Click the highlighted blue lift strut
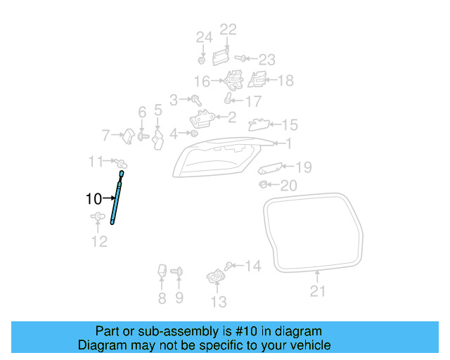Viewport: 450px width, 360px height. (x=117, y=198)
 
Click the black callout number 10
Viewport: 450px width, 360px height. (x=94, y=199)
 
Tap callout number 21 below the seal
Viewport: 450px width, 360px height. (x=318, y=291)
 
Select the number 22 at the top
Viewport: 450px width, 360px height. (x=228, y=29)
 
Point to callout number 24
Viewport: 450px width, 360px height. (x=203, y=37)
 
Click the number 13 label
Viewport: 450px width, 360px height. (x=219, y=302)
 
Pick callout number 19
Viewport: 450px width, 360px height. (x=303, y=167)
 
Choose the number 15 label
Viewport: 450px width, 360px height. (x=290, y=125)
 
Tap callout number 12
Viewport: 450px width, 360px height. (x=99, y=242)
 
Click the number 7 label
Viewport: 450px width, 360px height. (x=106, y=134)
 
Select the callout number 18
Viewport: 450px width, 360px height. (x=285, y=80)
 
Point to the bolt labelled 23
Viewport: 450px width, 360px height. (x=240, y=58)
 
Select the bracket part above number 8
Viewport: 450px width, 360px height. (x=162, y=271)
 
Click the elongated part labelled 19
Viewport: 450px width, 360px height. (x=271, y=168)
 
